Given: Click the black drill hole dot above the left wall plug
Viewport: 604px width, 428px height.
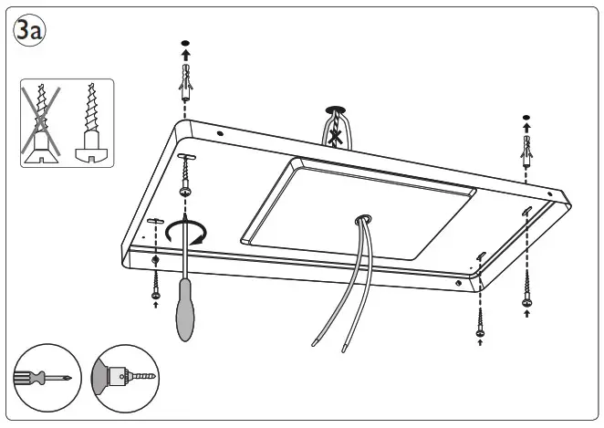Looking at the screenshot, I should [186, 44].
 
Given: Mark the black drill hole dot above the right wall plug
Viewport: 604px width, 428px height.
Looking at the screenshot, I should [526, 118].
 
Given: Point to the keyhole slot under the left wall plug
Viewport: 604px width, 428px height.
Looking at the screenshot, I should [186, 159].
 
